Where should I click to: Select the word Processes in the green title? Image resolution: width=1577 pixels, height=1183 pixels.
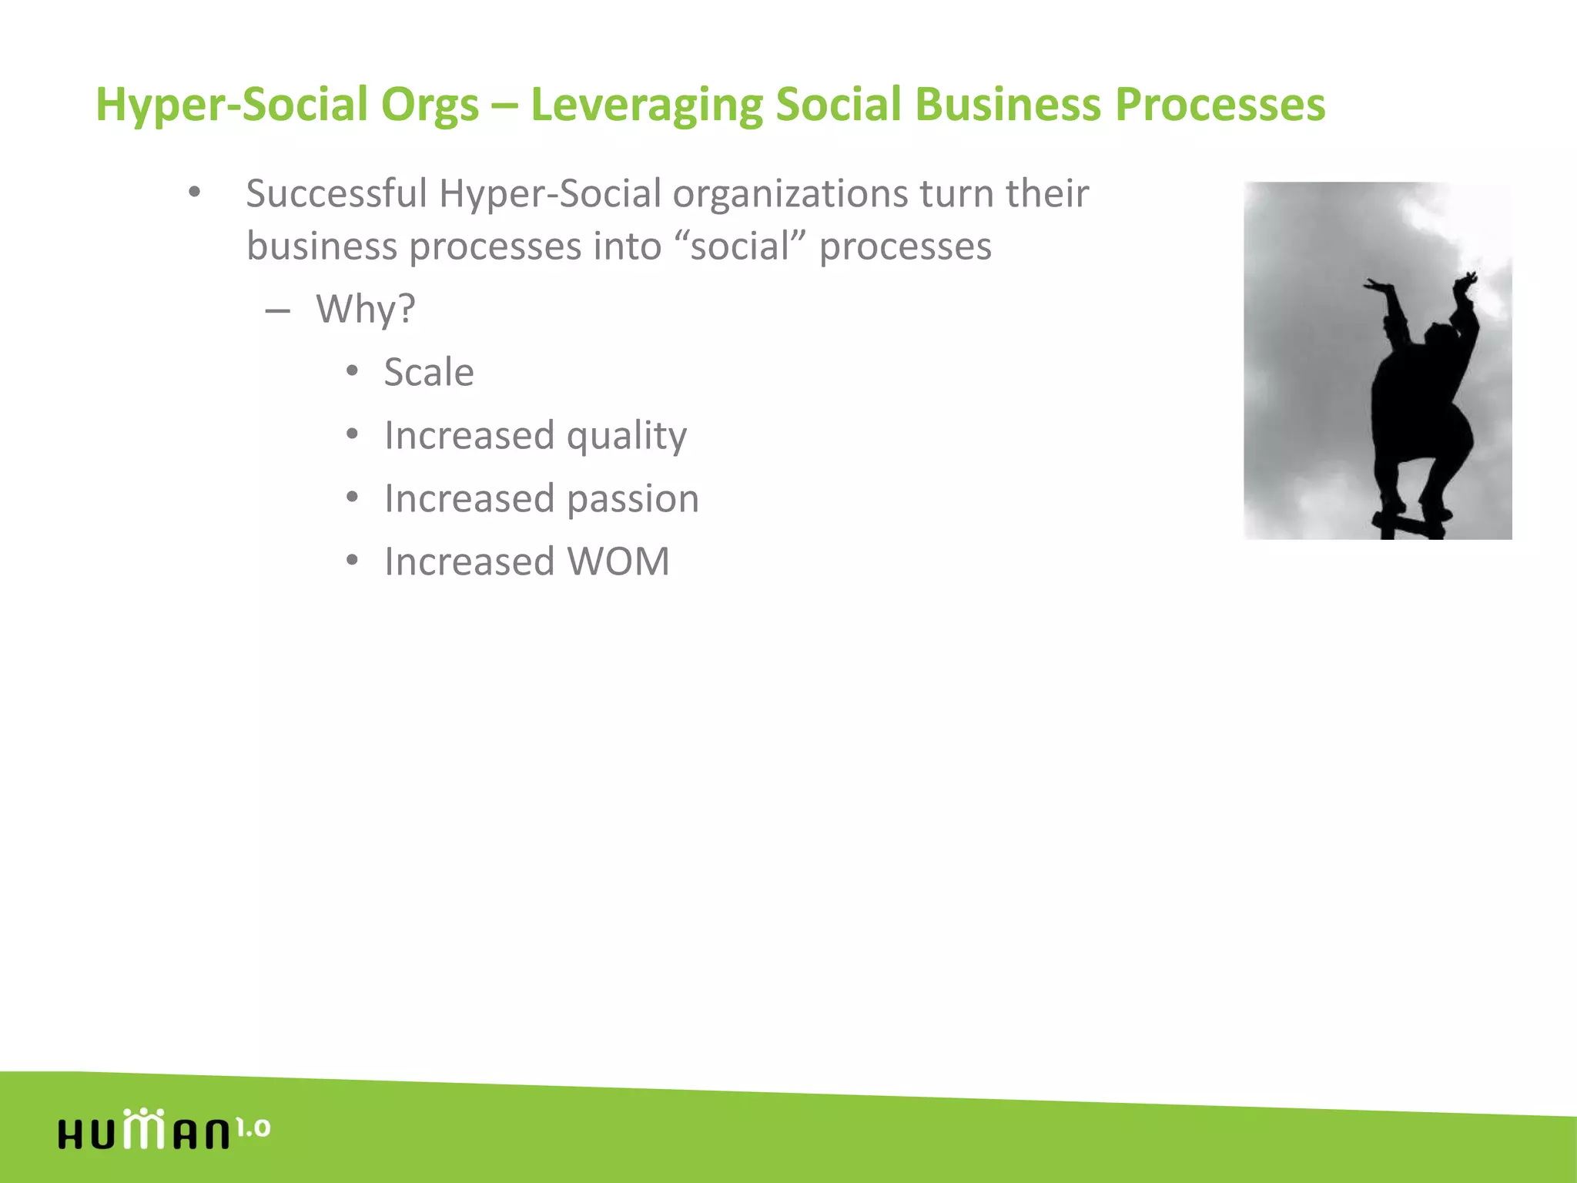pyautogui.click(x=1220, y=104)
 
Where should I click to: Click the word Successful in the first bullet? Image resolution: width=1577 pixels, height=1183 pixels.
pyautogui.click(x=336, y=193)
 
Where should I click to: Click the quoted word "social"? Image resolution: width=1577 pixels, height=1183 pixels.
pyautogui.click(x=739, y=246)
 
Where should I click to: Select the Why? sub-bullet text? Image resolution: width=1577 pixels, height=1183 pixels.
pyautogui.click(x=365, y=310)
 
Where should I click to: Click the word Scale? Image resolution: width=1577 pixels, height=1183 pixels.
pyautogui.click(x=429, y=373)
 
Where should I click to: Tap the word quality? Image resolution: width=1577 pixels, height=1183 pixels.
pyautogui.click(x=626, y=437)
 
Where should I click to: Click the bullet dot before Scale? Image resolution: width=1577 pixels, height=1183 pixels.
pyautogui.click(x=352, y=372)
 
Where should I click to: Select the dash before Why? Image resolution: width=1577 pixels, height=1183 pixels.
pyautogui.click(x=277, y=311)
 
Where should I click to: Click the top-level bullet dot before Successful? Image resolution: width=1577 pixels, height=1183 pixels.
pyautogui.click(x=194, y=193)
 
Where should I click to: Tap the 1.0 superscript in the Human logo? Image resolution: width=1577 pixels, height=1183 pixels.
pyautogui.click(x=253, y=1128)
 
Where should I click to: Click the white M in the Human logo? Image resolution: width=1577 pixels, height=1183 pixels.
pyautogui.click(x=143, y=1131)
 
